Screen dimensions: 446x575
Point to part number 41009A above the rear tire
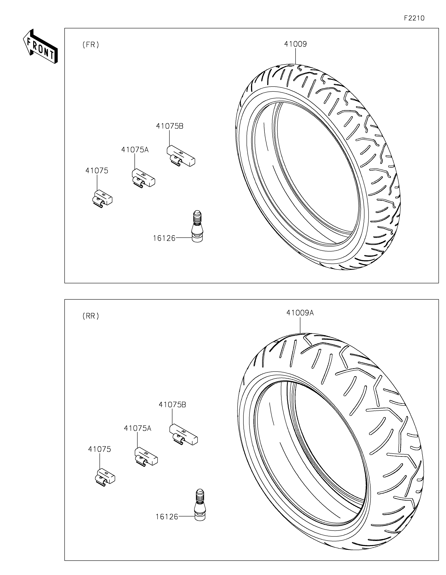click(x=300, y=313)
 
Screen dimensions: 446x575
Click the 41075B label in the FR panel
click(x=170, y=126)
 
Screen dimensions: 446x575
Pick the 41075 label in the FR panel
click(x=97, y=171)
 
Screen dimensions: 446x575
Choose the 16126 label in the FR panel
click(x=164, y=238)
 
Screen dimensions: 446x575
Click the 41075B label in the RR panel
click(x=172, y=405)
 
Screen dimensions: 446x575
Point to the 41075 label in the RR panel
click(x=99, y=449)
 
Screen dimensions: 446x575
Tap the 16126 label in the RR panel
click(x=167, y=517)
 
